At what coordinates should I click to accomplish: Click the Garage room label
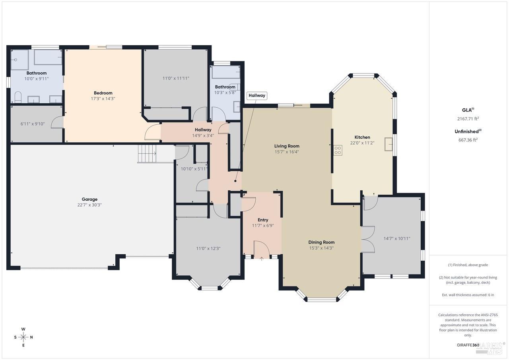pyautogui.click(x=89, y=199)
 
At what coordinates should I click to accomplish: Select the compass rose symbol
pyautogui.click(x=23, y=337)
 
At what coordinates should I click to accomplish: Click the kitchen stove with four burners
pyautogui.click(x=338, y=150)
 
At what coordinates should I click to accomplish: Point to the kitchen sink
pyautogui.click(x=388, y=144)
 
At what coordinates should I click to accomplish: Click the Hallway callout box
pyautogui.click(x=256, y=95)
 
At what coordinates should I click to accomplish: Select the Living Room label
pyautogui.click(x=287, y=146)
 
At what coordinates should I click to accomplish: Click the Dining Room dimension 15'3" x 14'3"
pyautogui.click(x=321, y=248)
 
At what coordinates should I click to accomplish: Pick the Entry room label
pyautogui.click(x=263, y=220)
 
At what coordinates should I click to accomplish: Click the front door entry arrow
pyautogui.click(x=262, y=259)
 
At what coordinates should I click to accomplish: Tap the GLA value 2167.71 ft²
pyautogui.click(x=468, y=118)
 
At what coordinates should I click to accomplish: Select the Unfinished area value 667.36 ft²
pyautogui.click(x=468, y=139)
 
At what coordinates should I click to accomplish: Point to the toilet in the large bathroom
pyautogui.click(x=17, y=97)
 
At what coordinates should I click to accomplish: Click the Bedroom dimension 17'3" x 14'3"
pyautogui.click(x=103, y=99)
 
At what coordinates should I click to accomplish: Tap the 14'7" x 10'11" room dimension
pyautogui.click(x=396, y=238)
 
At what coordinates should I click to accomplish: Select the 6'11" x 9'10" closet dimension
pyautogui.click(x=32, y=124)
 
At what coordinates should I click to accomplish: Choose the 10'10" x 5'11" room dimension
pyautogui.click(x=194, y=169)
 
